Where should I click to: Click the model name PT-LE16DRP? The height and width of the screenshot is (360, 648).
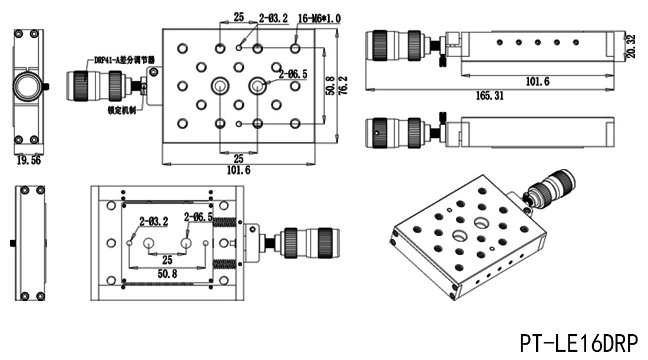[578, 343]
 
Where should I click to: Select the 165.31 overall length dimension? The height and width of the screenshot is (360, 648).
[490, 96]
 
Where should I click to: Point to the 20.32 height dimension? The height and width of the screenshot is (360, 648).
[631, 46]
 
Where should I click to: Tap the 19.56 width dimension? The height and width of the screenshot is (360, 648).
[29, 160]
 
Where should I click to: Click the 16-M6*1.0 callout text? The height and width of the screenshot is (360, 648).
[319, 19]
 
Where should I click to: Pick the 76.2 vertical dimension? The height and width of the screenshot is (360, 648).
[343, 85]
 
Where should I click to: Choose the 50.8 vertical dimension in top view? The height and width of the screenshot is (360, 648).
[330, 85]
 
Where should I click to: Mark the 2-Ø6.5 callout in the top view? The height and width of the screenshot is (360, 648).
[293, 74]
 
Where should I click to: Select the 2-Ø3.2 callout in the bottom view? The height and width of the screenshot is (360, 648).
[154, 222]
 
